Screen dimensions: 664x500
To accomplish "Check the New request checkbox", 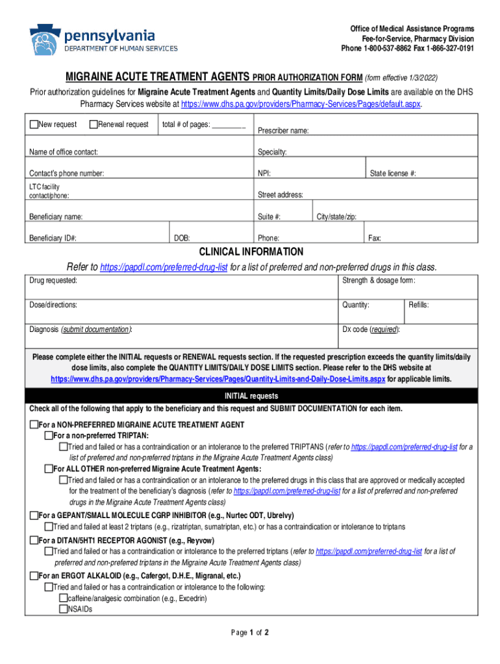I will (x=34, y=124).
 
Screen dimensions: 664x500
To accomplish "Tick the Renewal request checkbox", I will (x=94, y=124).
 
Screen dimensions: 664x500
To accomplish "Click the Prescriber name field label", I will (x=283, y=131).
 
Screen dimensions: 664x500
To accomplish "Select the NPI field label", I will (x=264, y=173).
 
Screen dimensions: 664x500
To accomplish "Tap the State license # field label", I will (x=393, y=173).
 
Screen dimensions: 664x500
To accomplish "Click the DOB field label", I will (x=182, y=238).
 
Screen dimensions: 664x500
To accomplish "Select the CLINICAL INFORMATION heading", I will (x=251, y=252).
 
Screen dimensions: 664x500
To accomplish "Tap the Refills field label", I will (x=418, y=305).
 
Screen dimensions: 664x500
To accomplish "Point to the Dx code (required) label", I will (x=371, y=329).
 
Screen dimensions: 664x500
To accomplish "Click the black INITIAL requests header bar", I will (x=251, y=396).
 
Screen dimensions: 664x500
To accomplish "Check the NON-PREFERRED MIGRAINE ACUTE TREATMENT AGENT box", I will (x=34, y=425).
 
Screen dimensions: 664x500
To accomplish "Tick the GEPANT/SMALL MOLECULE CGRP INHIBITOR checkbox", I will (x=34, y=516).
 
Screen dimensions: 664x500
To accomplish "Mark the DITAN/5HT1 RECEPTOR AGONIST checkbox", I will (x=34, y=540).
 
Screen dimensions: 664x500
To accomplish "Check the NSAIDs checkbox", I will (x=64, y=610).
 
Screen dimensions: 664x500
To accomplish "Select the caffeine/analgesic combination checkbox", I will (x=64, y=599).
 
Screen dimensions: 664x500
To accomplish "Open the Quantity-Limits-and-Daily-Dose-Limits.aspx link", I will (x=218, y=379).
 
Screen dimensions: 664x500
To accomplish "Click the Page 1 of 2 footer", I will (x=251, y=632).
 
